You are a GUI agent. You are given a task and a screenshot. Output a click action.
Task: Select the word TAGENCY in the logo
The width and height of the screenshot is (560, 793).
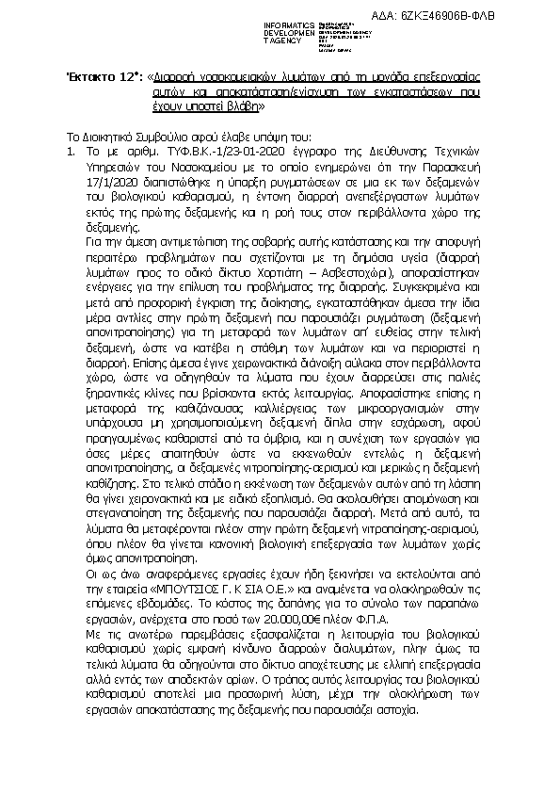pos(284,41)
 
